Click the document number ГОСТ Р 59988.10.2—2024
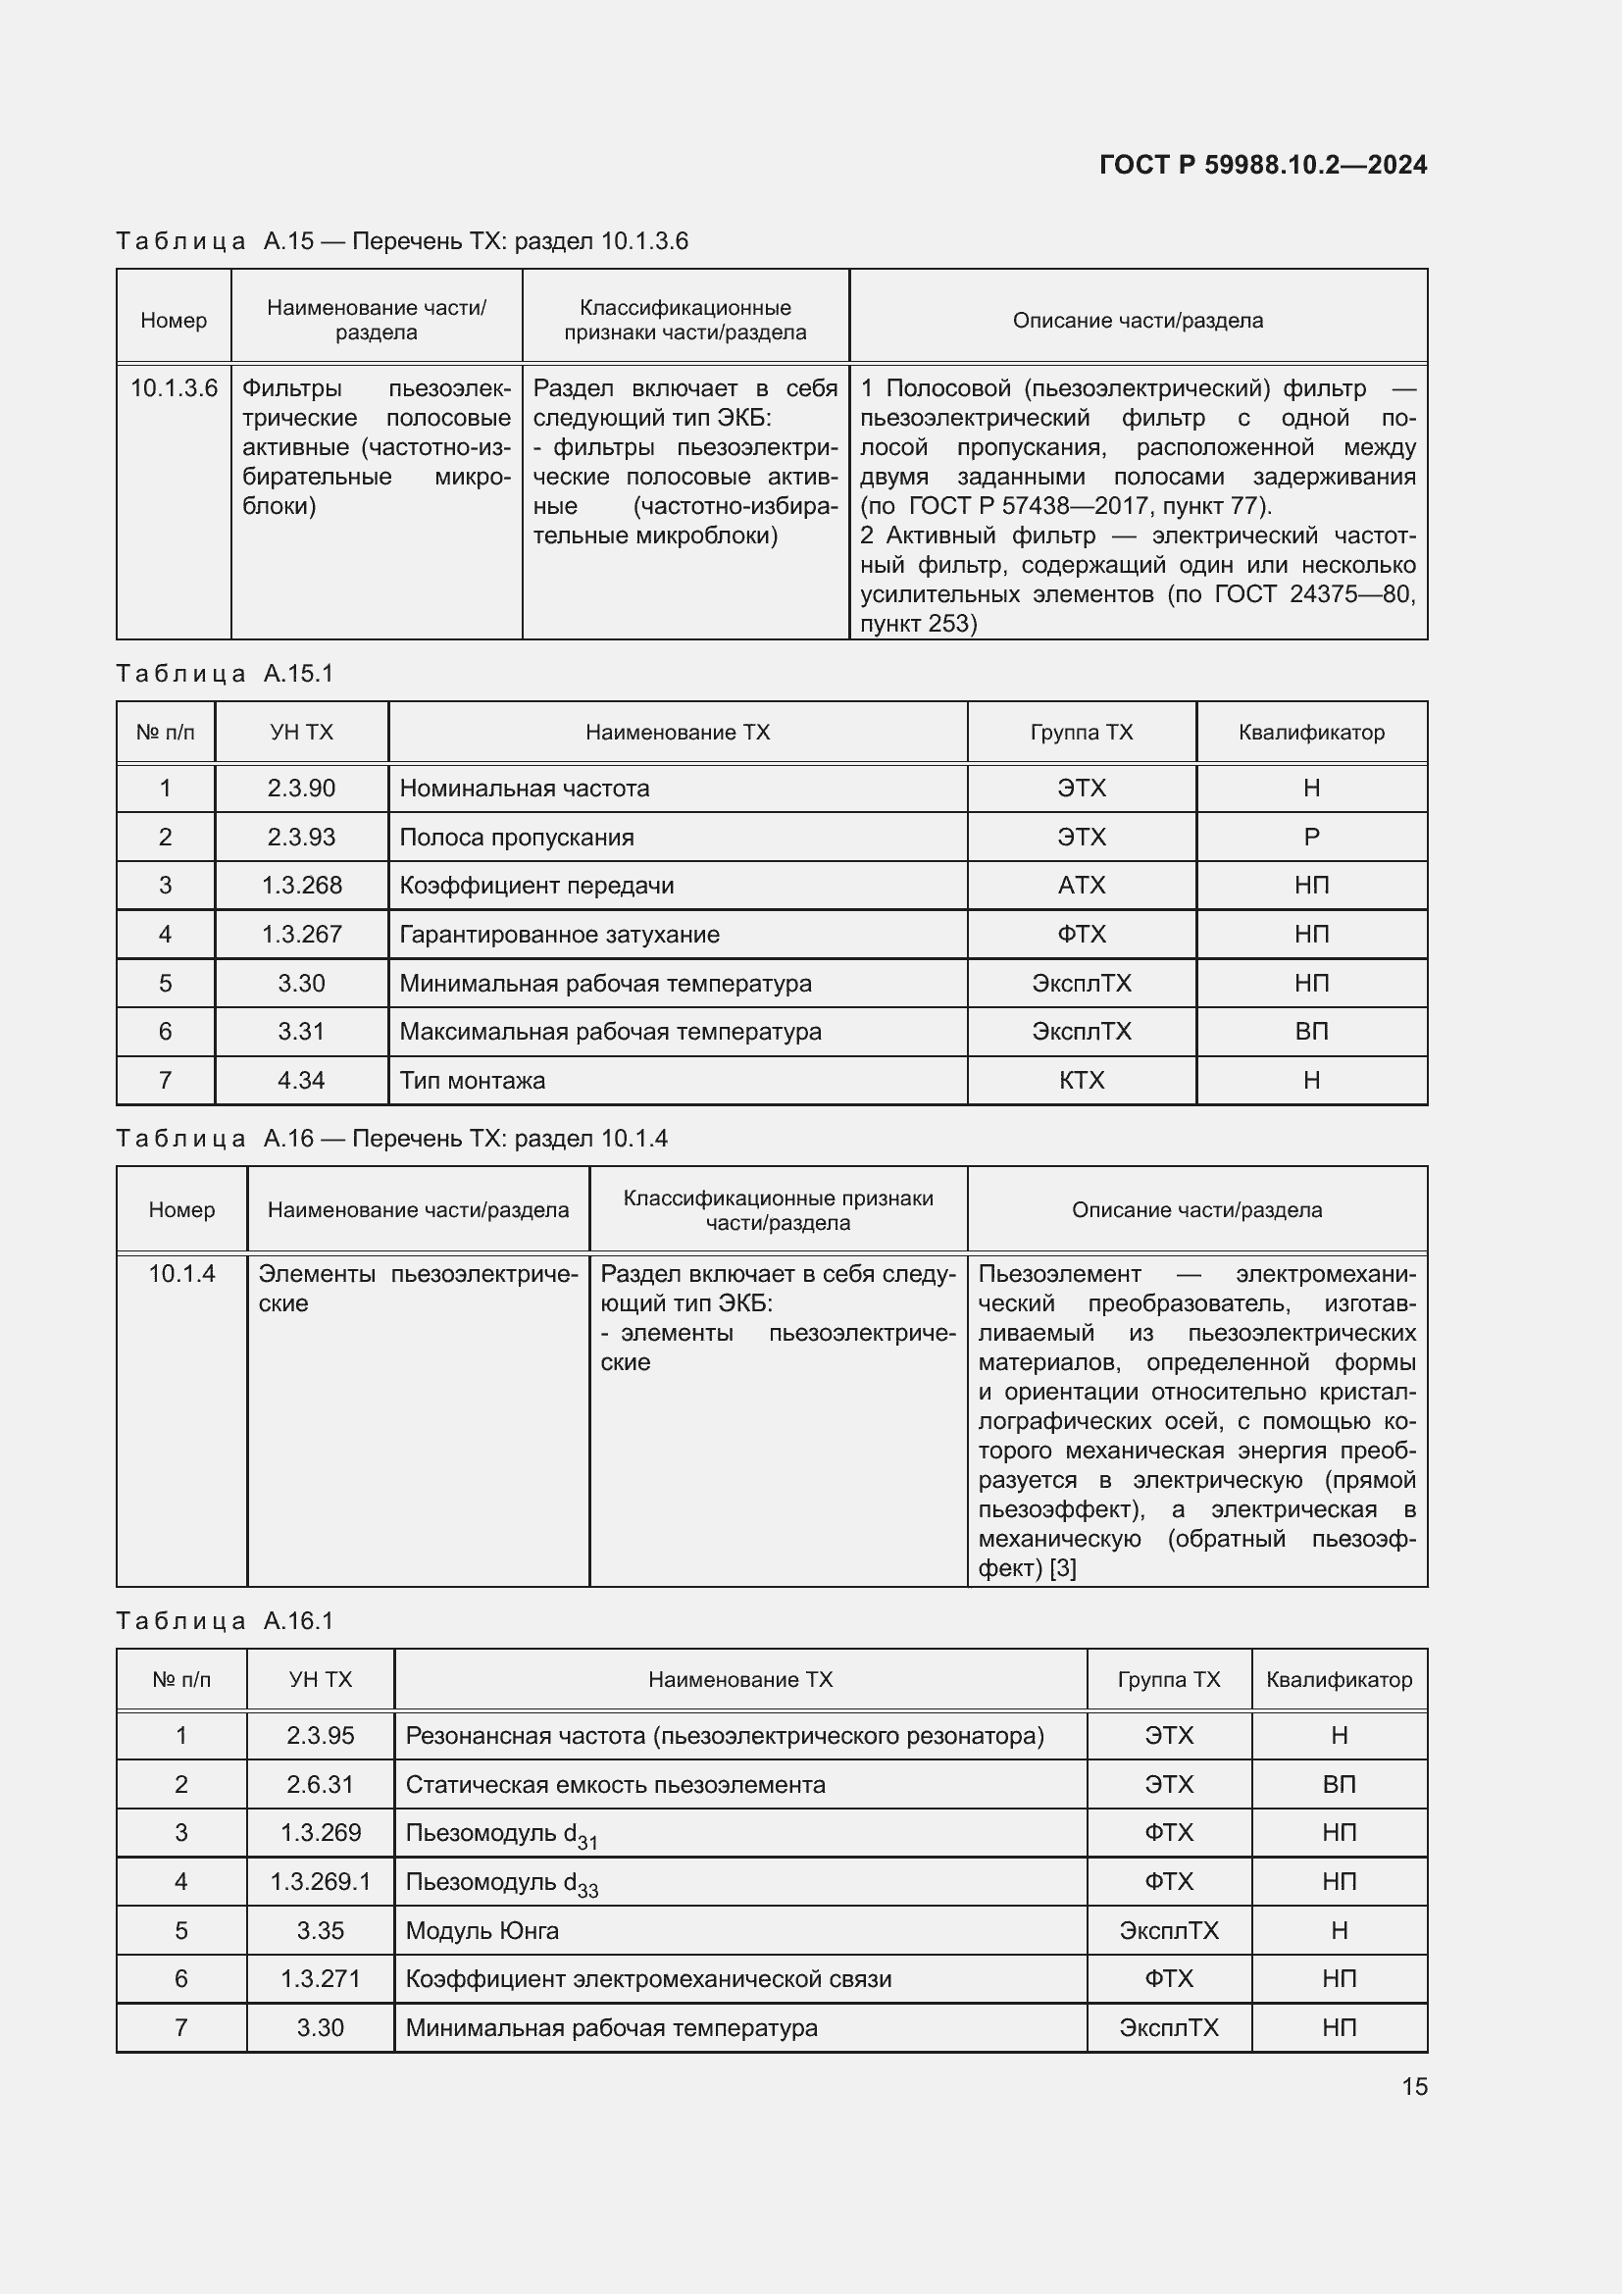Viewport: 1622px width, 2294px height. click(x=1262, y=165)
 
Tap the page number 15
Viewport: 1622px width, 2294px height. click(x=1414, y=2086)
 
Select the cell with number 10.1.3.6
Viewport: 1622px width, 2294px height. click(x=174, y=388)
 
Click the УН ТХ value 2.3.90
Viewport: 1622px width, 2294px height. click(x=301, y=789)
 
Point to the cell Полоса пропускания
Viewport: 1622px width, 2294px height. click(x=517, y=838)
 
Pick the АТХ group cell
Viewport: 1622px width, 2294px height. click(x=1081, y=886)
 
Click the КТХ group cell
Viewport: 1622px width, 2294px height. click(x=1081, y=1080)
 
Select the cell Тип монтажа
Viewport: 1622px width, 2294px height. click(x=473, y=1080)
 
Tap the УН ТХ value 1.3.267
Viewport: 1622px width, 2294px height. click(x=301, y=935)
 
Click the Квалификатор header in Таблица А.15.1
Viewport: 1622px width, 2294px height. click(x=1310, y=733)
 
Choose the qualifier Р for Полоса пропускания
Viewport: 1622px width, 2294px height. click(x=1310, y=838)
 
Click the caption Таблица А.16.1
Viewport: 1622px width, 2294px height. click(x=225, y=1620)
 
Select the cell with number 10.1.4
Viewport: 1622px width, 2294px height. click(x=180, y=1274)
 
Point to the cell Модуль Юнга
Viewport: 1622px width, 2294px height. click(x=482, y=1930)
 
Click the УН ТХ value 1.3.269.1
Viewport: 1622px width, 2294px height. click(x=320, y=1881)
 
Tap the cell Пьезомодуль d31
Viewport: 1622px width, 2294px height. click(x=499, y=1833)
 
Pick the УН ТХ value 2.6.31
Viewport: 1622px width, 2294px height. click(x=320, y=1784)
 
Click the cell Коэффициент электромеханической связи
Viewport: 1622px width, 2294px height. click(x=647, y=1978)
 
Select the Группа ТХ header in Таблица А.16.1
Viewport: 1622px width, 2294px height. click(x=1168, y=1679)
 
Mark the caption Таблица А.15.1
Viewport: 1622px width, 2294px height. click(x=225, y=674)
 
